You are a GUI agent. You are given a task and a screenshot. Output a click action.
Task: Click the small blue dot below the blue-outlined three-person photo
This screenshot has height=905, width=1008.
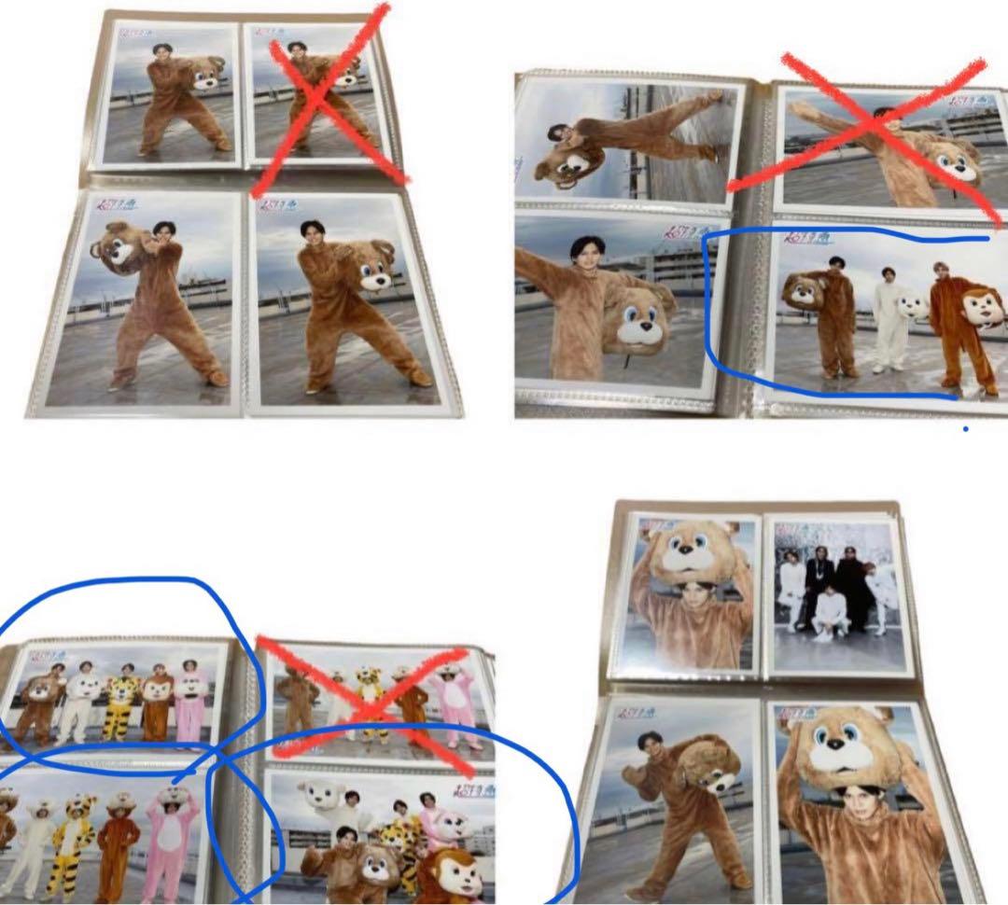point(965,429)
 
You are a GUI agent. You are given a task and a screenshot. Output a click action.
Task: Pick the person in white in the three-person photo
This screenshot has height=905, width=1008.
point(889,322)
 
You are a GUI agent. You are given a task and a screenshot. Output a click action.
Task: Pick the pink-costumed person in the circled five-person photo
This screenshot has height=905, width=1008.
point(190,704)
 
